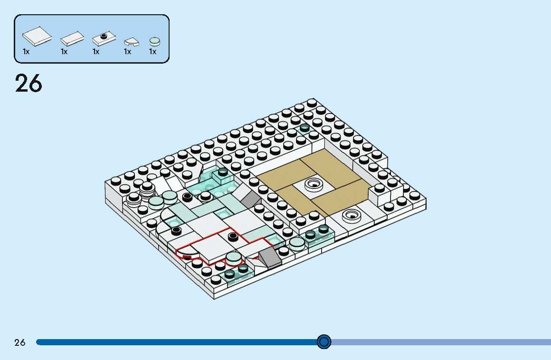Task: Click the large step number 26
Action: pyautogui.click(x=28, y=84)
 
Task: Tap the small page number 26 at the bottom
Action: pyautogui.click(x=20, y=342)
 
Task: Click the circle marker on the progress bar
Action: pyautogui.click(x=324, y=341)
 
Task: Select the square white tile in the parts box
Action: pyautogui.click(x=37, y=36)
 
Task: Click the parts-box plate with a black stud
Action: pyautogui.click(x=103, y=38)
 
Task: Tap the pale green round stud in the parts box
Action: pyautogui.click(x=154, y=41)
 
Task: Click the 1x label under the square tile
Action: pyautogui.click(x=26, y=52)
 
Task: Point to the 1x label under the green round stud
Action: pyautogui.click(x=152, y=52)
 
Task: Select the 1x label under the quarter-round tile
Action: pyautogui.click(x=127, y=52)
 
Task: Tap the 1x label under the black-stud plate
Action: pyautogui.click(x=96, y=52)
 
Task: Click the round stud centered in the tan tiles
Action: pyautogui.click(x=313, y=182)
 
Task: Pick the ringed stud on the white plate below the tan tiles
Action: pyautogui.click(x=351, y=216)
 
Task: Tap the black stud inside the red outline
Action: pyautogui.click(x=233, y=236)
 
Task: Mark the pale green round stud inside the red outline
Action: pyautogui.click(x=233, y=258)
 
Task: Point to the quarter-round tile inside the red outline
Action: pyautogui.click(x=188, y=253)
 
